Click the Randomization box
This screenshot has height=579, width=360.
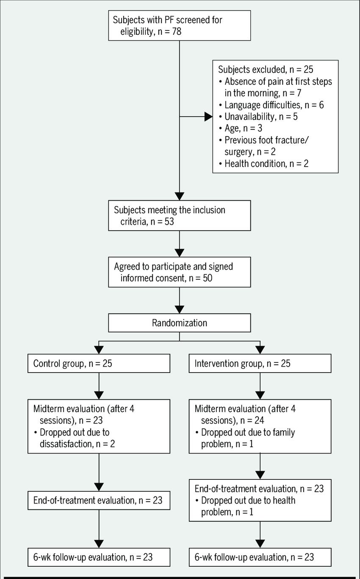(180, 323)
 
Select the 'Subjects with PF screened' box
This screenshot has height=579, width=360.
(180, 25)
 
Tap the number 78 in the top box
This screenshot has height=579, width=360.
(177, 31)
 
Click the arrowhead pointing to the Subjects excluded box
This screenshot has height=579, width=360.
(208, 117)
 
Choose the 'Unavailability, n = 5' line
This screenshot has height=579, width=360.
(258, 117)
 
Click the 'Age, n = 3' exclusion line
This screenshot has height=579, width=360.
(241, 128)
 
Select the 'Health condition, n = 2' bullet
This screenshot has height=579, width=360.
(264, 164)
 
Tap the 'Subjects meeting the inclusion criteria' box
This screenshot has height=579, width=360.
(180, 215)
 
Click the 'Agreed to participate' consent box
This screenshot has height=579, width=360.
(180, 272)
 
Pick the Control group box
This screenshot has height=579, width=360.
(99, 363)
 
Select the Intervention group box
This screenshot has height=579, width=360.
(260, 363)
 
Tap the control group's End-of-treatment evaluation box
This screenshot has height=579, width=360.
(99, 500)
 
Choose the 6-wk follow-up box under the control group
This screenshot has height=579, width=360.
(99, 557)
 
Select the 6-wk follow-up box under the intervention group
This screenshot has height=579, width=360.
(260, 557)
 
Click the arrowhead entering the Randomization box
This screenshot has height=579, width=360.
(180, 310)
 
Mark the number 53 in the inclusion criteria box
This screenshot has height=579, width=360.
(169, 222)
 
